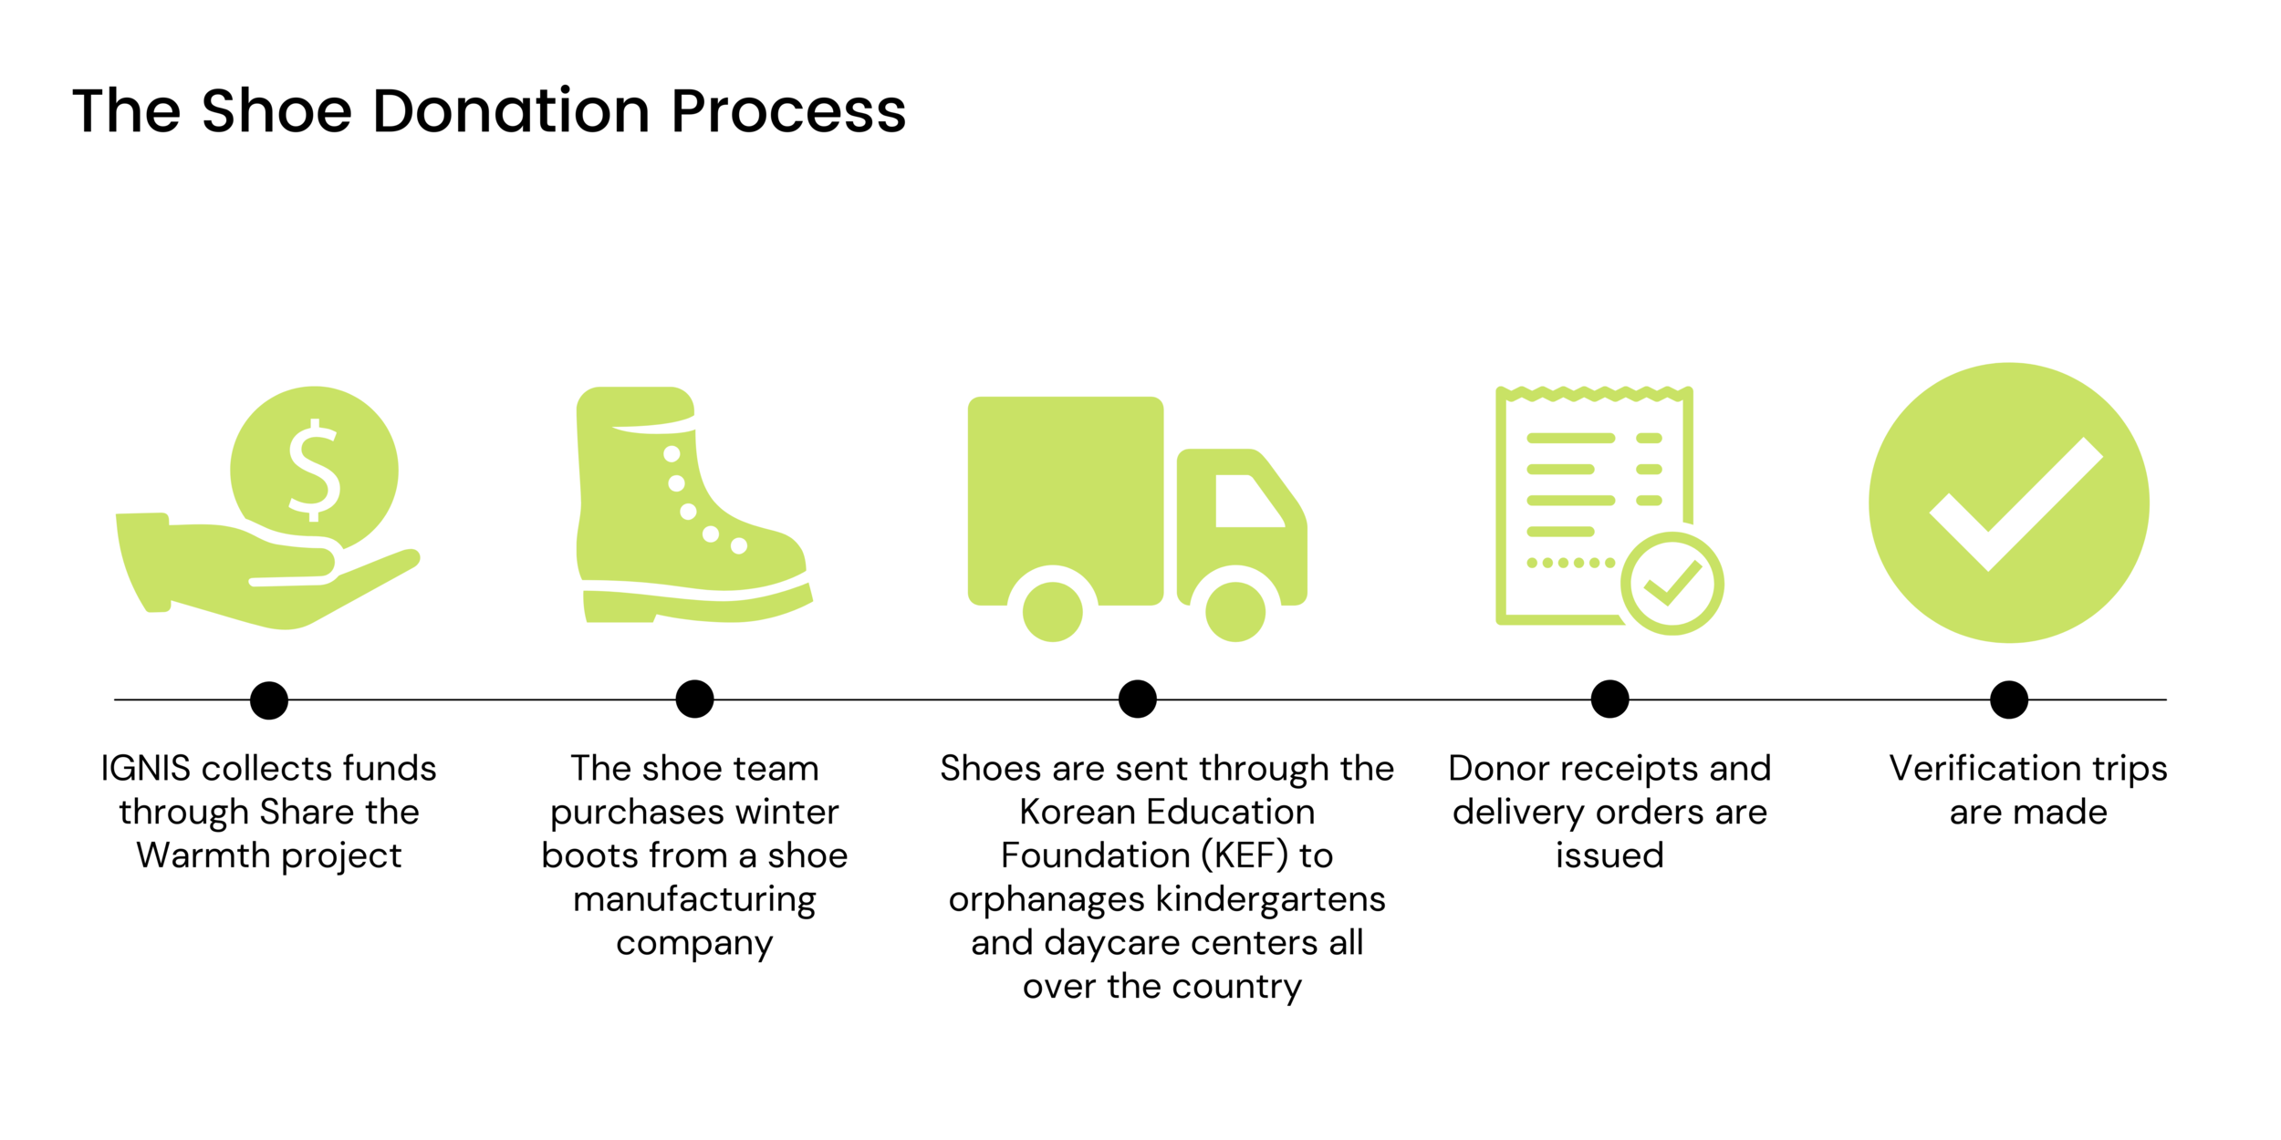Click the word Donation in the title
click(x=511, y=111)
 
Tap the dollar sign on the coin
click(x=314, y=471)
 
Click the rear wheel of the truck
click(x=1053, y=611)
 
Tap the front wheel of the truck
click(x=1235, y=611)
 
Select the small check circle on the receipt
click(x=1672, y=584)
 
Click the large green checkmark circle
click(x=2008, y=503)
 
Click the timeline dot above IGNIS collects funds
click(x=269, y=700)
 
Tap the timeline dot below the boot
click(x=694, y=700)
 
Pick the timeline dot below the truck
click(x=1138, y=700)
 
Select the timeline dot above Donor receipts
click(x=1609, y=700)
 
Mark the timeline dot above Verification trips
click(x=2009, y=700)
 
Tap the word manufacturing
click(x=694, y=900)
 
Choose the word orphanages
click(x=1046, y=900)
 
